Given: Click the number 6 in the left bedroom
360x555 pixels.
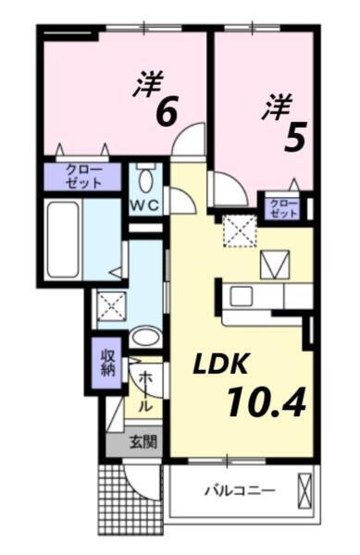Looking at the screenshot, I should [x=167, y=111].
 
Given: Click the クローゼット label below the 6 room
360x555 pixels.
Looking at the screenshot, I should [x=83, y=176].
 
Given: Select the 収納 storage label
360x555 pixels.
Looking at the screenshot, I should [x=108, y=363].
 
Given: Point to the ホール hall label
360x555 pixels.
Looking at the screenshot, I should [x=145, y=390].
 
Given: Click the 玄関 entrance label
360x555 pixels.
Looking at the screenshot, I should [x=143, y=441].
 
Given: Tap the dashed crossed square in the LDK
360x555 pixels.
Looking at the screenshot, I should [x=242, y=231].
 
